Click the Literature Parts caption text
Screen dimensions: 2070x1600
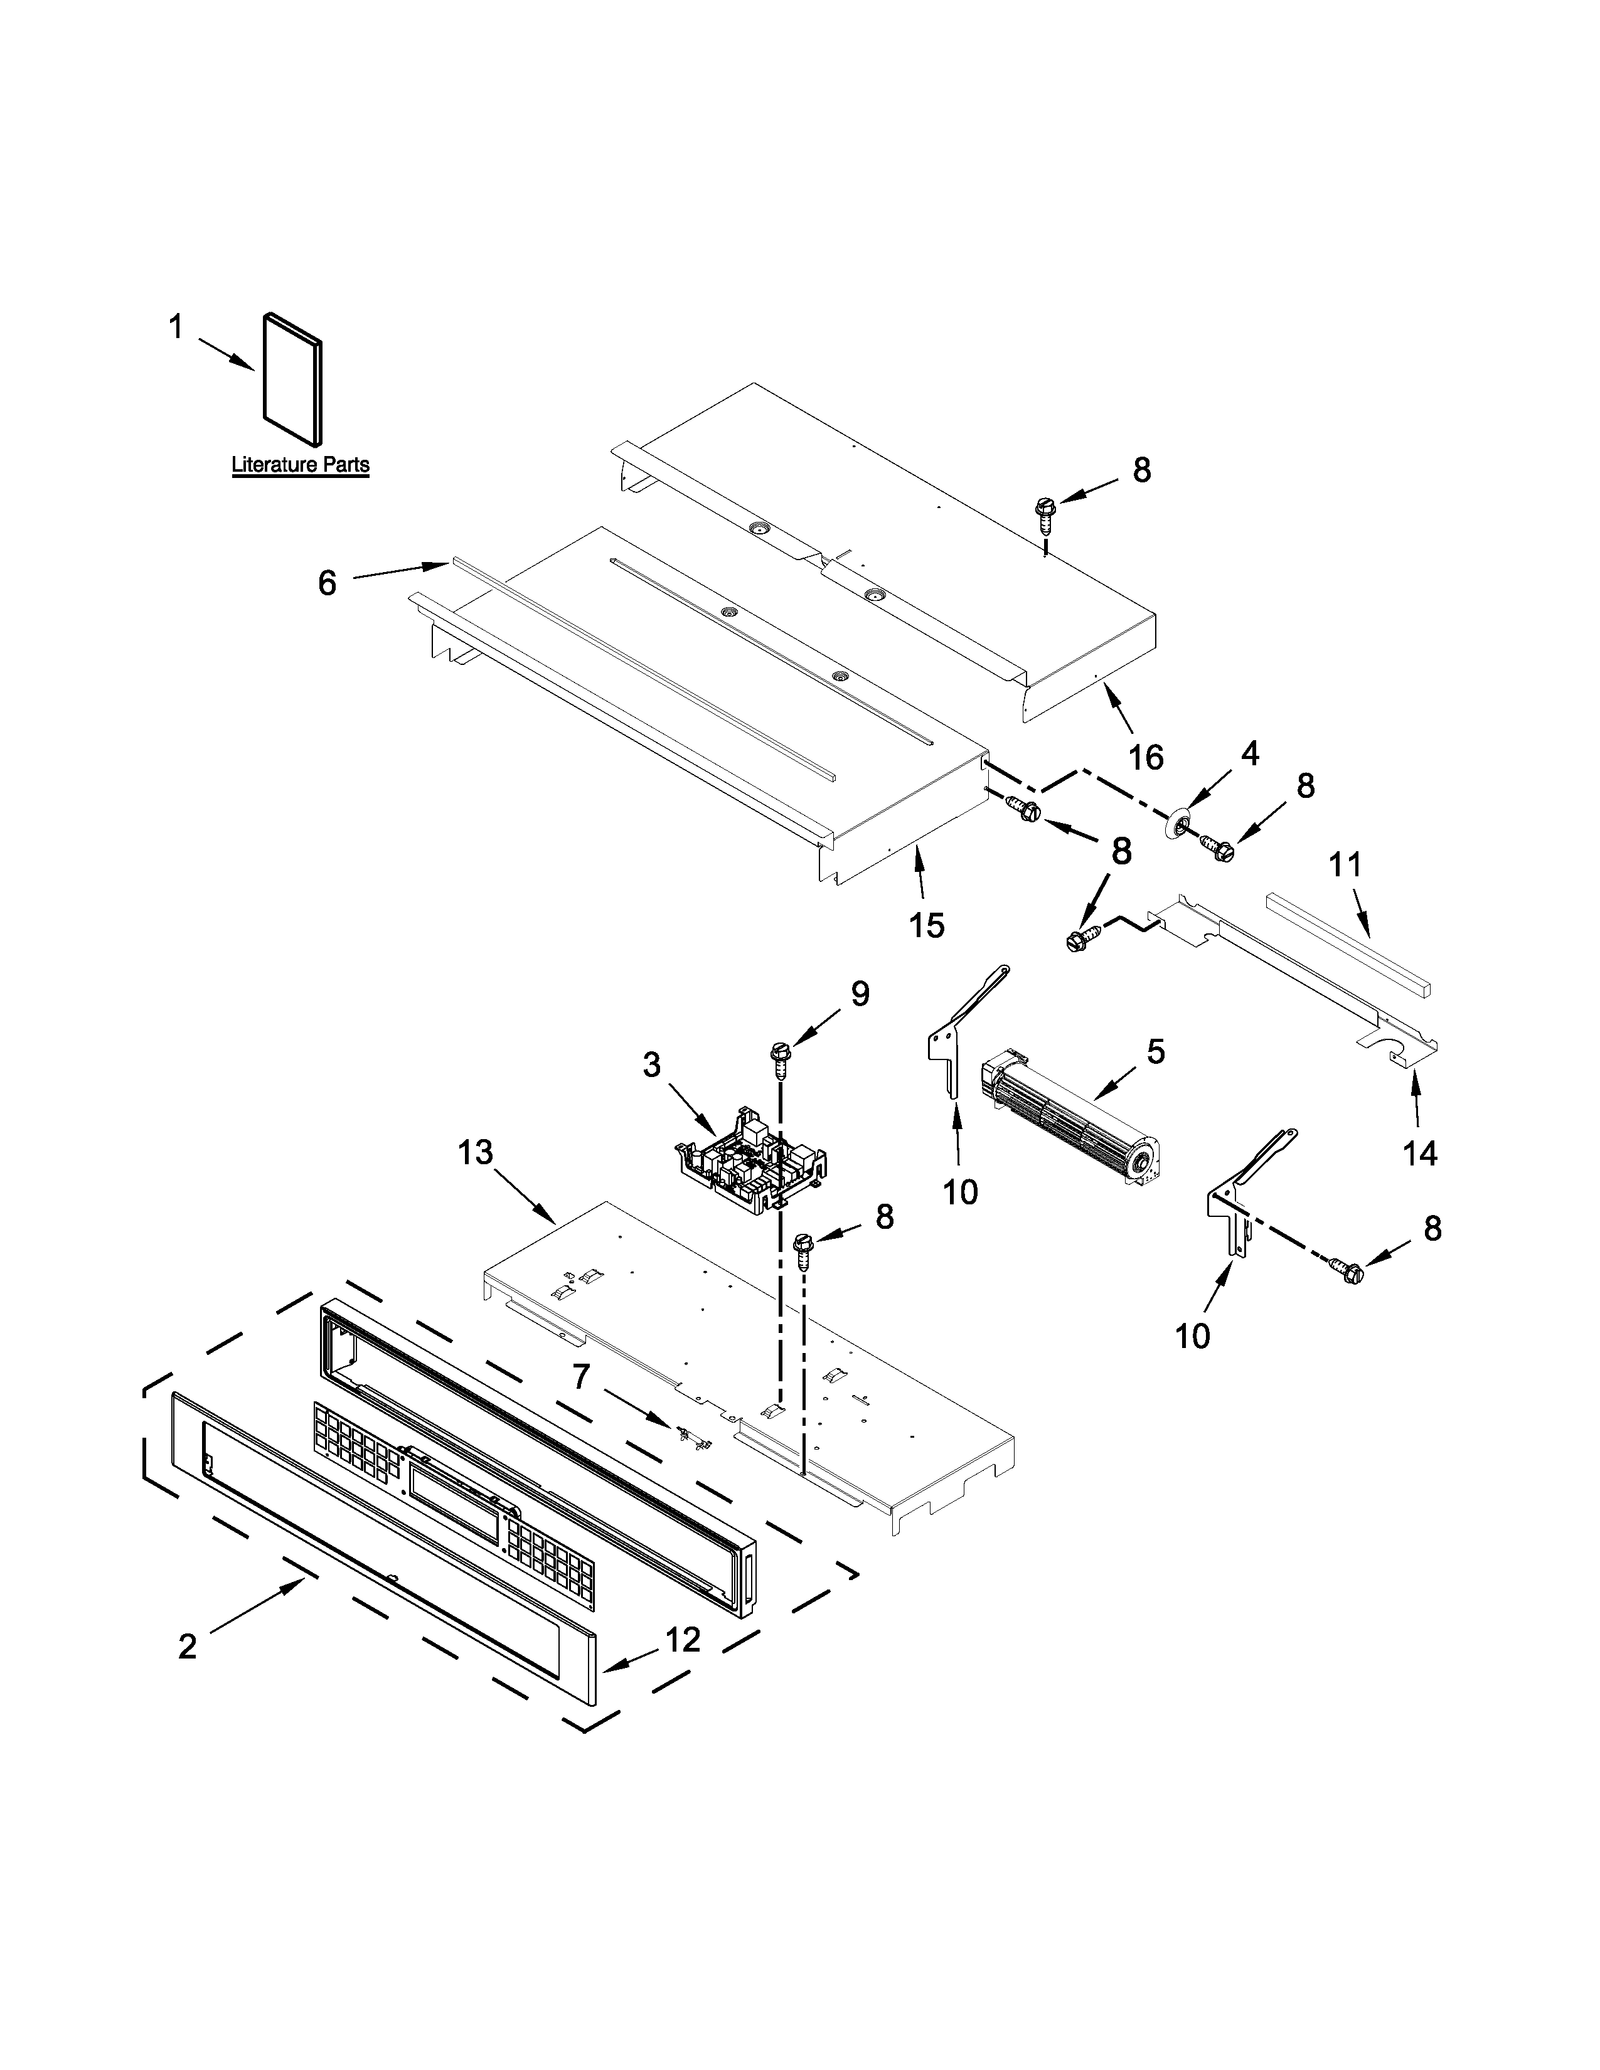click(x=301, y=465)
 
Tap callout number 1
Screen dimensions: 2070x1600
click(x=175, y=328)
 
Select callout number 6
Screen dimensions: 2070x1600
click(x=327, y=583)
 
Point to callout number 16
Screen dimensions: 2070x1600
click(x=1146, y=756)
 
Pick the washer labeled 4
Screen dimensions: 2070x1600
click(x=1181, y=825)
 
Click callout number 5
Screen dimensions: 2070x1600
click(x=1155, y=1051)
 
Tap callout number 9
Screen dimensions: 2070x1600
click(x=859, y=994)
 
